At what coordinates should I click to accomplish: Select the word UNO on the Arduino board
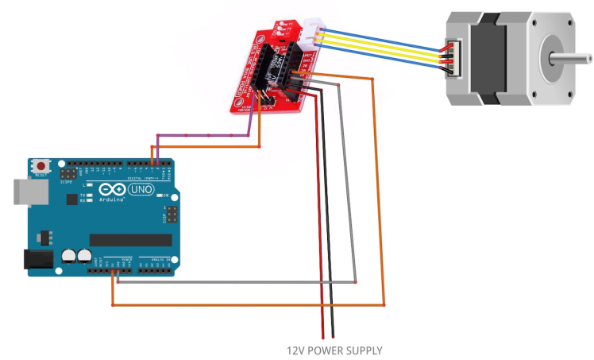142,191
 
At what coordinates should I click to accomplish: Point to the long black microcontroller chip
130,239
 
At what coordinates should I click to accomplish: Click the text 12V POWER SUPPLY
334,350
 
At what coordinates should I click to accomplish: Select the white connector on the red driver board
310,36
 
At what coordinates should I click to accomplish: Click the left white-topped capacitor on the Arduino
67,256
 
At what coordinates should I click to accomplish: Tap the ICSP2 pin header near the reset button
70,172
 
